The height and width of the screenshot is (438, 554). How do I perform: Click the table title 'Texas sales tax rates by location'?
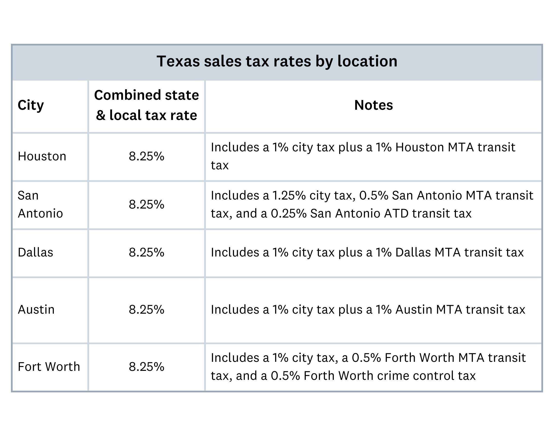pyautogui.click(x=277, y=61)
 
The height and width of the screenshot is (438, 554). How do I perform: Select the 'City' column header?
pyautogui.click(x=30, y=105)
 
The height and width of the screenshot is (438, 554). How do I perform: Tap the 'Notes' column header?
pyautogui.click(x=373, y=105)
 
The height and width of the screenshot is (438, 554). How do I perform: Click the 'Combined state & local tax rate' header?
pyautogui.click(x=146, y=105)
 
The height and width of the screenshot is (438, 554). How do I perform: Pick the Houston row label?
pyautogui.click(x=42, y=156)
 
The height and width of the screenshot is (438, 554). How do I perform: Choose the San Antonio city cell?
pyautogui.click(x=40, y=204)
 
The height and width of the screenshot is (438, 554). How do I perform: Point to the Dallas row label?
pyautogui.click(x=35, y=252)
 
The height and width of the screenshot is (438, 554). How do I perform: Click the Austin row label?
pyautogui.click(x=36, y=310)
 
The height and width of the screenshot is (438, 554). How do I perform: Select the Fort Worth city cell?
pyautogui.click(x=49, y=367)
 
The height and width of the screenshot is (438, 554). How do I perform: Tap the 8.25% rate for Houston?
pyautogui.click(x=146, y=156)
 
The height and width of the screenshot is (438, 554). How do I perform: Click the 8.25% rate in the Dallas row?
pyautogui.click(x=146, y=252)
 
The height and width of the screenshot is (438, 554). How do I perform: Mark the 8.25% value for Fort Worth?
pyautogui.click(x=146, y=367)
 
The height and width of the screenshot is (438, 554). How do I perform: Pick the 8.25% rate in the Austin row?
pyautogui.click(x=146, y=310)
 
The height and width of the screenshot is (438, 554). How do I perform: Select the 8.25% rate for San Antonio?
pyautogui.click(x=146, y=204)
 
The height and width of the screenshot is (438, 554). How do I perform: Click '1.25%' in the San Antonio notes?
pyautogui.click(x=289, y=195)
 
